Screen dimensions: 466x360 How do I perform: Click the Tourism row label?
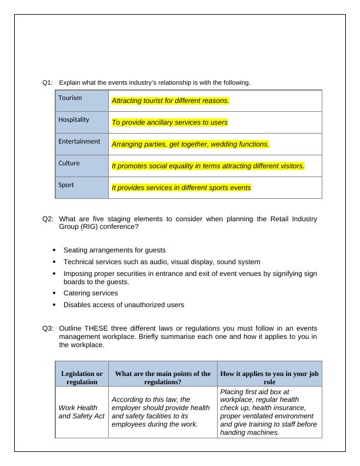click(70, 98)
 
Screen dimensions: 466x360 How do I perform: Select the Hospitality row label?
click(74, 119)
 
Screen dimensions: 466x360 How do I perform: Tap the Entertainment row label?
click(79, 141)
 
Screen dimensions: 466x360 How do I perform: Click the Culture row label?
click(69, 163)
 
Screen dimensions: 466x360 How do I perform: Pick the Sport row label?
click(66, 185)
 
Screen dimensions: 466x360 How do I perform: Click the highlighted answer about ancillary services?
click(169, 122)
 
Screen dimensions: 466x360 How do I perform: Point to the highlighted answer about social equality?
click(208, 166)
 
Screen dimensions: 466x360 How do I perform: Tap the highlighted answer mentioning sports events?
click(181, 188)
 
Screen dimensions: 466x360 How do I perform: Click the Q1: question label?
click(48, 82)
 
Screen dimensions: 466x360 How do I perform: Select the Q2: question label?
click(48, 219)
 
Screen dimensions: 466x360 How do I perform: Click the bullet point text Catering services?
click(91, 293)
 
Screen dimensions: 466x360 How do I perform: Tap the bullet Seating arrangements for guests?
click(114, 250)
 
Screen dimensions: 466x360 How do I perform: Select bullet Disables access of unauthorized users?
click(124, 305)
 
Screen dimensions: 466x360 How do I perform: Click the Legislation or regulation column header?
click(82, 378)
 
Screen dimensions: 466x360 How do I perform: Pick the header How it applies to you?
click(269, 378)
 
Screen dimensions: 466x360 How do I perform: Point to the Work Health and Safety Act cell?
click(82, 412)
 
